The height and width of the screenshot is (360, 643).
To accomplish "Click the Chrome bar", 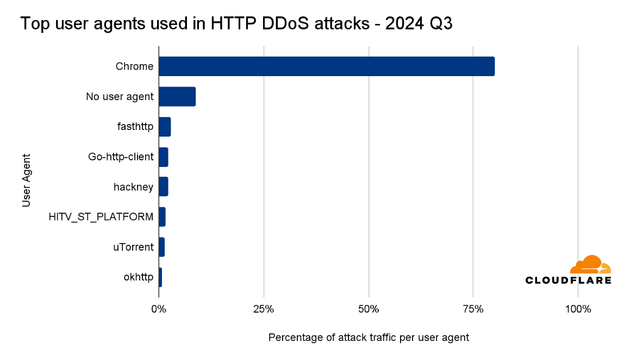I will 326,66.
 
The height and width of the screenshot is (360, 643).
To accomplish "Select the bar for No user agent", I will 177,96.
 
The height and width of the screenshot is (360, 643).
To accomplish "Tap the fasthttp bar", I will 165,127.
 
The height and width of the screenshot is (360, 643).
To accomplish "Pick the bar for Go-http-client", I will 163,157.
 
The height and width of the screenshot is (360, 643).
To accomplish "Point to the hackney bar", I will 163,187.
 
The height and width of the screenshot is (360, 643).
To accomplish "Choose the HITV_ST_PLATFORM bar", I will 162,217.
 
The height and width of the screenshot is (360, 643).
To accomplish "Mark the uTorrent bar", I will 161,247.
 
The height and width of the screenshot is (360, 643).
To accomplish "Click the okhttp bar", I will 160,277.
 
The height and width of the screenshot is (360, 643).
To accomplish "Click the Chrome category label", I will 134,67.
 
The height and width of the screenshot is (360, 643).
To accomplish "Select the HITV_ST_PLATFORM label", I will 101,218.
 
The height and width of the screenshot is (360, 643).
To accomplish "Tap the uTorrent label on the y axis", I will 133,247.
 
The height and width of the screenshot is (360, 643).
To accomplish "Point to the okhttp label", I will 139,278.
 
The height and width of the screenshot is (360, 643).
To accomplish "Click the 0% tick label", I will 159,309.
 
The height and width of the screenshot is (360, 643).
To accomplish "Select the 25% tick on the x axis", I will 264,309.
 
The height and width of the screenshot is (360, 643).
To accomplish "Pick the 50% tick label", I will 369,309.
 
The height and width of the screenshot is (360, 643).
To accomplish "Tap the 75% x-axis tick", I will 473,309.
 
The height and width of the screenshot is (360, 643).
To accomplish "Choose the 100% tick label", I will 578,309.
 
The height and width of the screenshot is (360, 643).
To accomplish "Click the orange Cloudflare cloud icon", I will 590,265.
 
